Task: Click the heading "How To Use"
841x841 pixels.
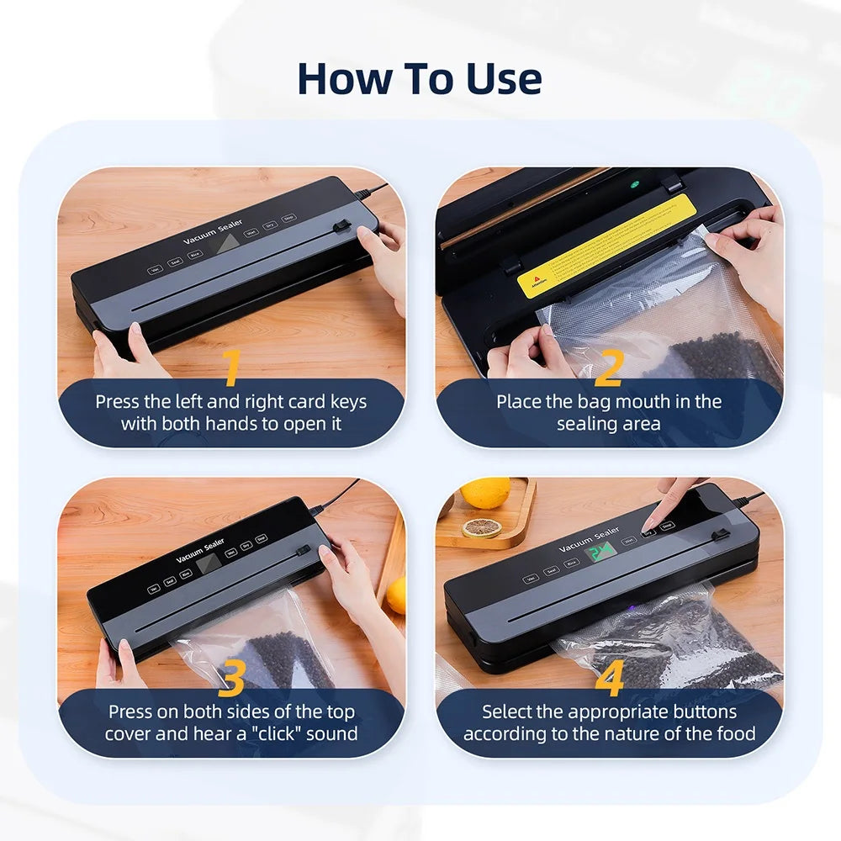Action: pos(420,78)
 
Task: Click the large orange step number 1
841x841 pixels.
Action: pos(230,368)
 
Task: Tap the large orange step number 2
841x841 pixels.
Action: pos(608,368)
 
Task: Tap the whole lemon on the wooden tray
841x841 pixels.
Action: pos(485,493)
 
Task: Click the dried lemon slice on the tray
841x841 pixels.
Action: pos(481,528)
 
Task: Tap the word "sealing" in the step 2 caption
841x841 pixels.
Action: pos(585,424)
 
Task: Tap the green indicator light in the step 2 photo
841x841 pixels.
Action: pos(635,185)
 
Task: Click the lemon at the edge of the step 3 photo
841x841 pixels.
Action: pos(396,595)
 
